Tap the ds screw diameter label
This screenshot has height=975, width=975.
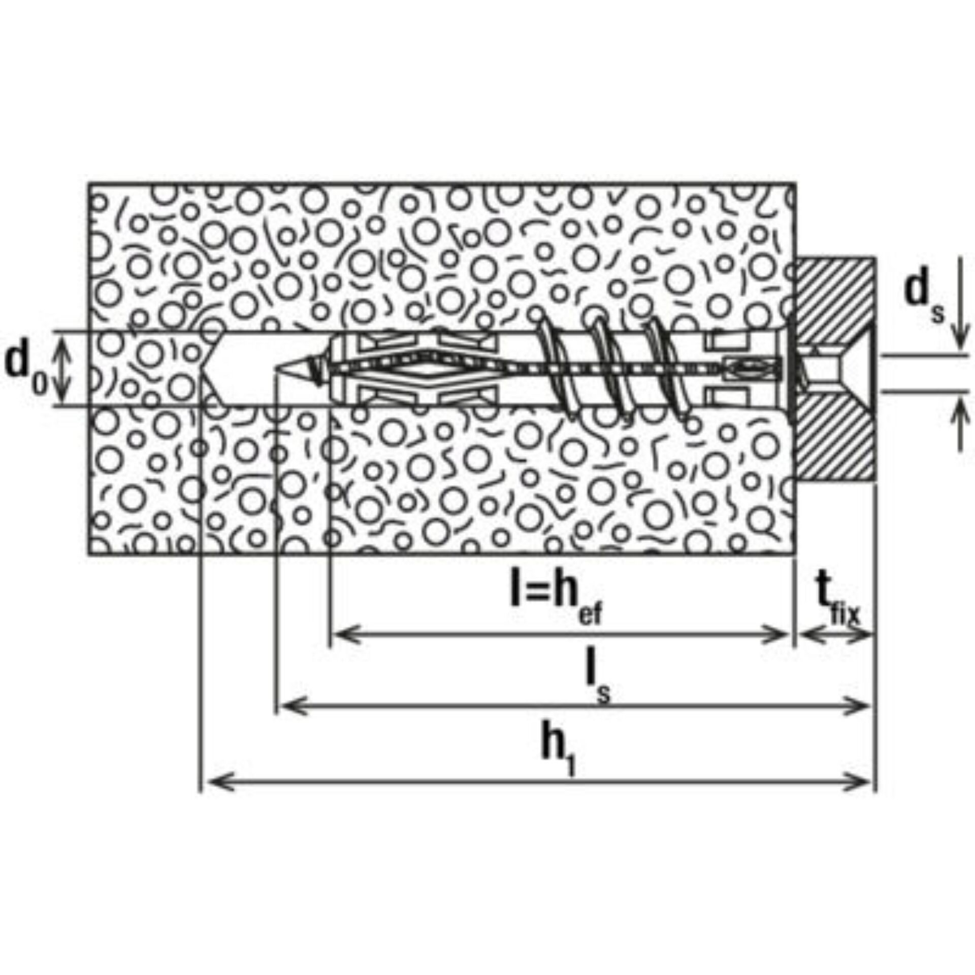click(924, 300)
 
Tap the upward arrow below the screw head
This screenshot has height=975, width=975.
click(959, 424)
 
